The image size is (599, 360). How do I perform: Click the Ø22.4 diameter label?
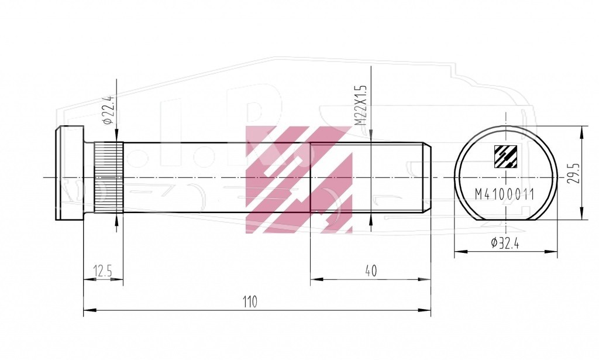pyautogui.click(x=108, y=109)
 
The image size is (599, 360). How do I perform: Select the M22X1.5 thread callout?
pyautogui.click(x=360, y=105)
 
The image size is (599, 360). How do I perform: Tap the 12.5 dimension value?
pyautogui.click(x=103, y=271)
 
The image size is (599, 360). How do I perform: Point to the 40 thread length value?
pyautogui.click(x=370, y=270)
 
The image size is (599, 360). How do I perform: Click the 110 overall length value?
pyautogui.click(x=250, y=302)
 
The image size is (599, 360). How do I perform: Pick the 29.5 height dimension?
pyautogui.click(x=573, y=173)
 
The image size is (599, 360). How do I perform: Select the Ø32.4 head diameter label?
pyautogui.click(x=505, y=243)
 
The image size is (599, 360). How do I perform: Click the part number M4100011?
pyautogui.click(x=504, y=194)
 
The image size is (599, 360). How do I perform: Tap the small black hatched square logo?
pyautogui.click(x=505, y=157)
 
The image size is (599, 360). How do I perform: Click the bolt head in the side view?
pyautogui.click(x=70, y=173)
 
